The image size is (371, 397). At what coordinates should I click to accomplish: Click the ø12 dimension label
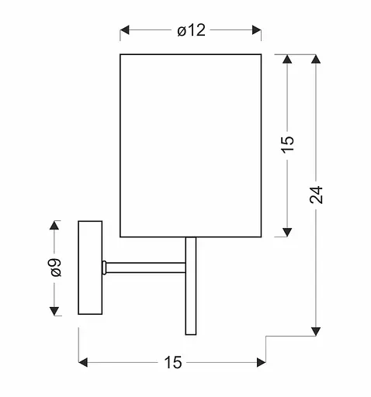tap(191, 31)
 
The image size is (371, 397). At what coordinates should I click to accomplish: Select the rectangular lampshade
tap(190, 145)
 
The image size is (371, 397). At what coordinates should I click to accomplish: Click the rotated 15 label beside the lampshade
tap(288, 144)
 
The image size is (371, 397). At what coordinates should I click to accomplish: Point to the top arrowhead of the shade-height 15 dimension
tap(288, 60)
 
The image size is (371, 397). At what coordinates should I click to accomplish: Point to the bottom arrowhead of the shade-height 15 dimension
tap(288, 230)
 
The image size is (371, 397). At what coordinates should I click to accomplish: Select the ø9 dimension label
tap(55, 268)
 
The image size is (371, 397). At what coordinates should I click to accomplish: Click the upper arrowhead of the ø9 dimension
tap(55, 226)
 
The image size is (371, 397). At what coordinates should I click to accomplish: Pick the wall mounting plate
tap(90, 268)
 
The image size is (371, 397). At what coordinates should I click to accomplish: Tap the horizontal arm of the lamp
tap(146, 268)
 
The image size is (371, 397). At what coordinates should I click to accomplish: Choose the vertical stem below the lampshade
tap(191, 285)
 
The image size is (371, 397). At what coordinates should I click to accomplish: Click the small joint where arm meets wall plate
tap(104, 268)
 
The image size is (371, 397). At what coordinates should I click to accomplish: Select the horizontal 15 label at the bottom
tap(172, 362)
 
